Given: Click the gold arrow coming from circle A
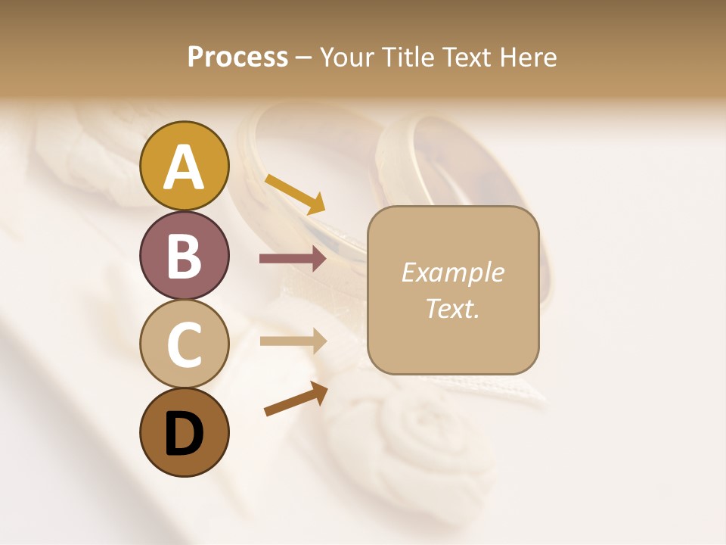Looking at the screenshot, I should [x=295, y=194].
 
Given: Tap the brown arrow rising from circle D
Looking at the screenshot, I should [x=296, y=399].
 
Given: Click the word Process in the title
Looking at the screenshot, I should [x=237, y=58].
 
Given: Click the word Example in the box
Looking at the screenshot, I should [x=452, y=272].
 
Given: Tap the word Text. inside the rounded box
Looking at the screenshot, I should [x=452, y=308].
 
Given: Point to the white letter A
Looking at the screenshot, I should [x=185, y=167].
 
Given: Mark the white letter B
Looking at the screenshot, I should [x=185, y=257].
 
